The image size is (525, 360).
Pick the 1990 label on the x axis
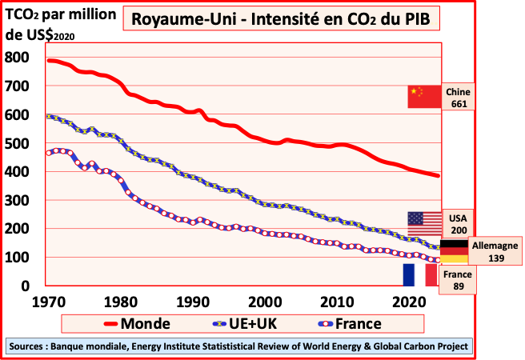point(191,302)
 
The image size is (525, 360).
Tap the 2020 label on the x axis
point(409,302)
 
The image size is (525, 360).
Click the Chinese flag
point(424,96)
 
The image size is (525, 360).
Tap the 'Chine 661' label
point(459,97)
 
